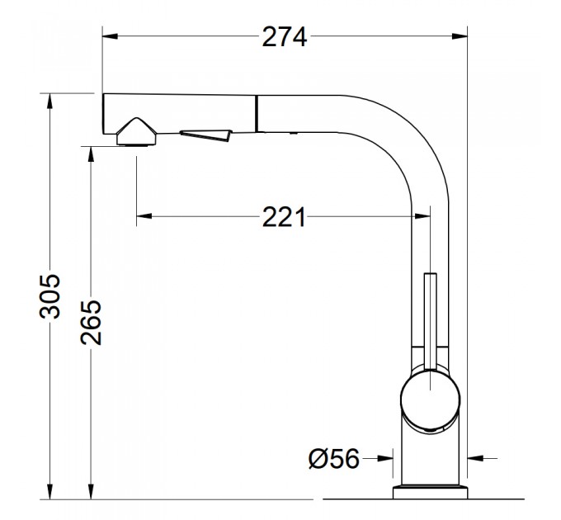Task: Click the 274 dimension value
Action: pos(285,37)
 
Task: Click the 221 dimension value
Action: pos(284,217)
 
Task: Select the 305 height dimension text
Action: pos(49,296)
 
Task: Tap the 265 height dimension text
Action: pos(91,323)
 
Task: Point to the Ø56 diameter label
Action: pos(333,458)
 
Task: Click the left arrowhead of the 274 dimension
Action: pos(111,36)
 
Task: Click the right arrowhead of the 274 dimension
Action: pos(460,36)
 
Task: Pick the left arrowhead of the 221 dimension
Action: pos(144,216)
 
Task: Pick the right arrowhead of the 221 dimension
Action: pos(422,216)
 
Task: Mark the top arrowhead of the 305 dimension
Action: pos(49,101)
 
